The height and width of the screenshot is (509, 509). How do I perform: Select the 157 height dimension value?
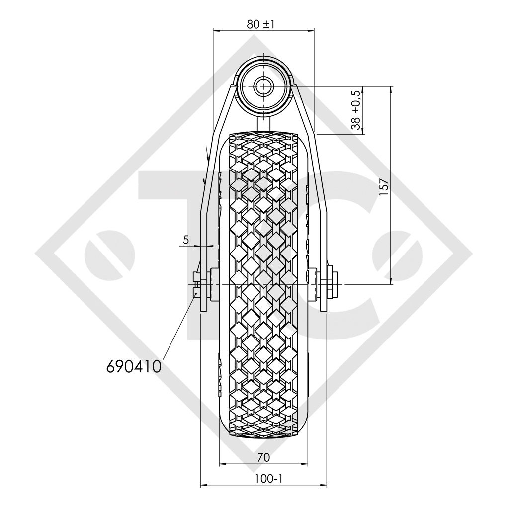(382, 187)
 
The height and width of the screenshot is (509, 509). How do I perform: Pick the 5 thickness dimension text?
(185, 240)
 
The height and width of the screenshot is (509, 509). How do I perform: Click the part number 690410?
(133, 366)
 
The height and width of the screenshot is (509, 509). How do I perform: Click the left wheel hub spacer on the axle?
(215, 284)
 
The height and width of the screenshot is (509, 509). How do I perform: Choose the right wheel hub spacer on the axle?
(313, 284)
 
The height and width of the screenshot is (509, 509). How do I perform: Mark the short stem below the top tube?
(263, 122)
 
